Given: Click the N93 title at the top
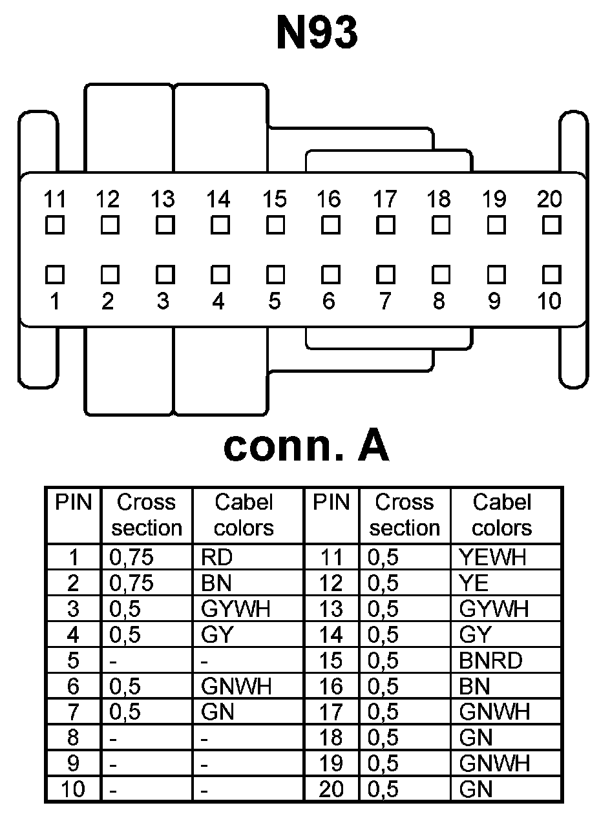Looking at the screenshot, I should [317, 34].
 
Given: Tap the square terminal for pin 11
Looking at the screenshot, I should [56, 225].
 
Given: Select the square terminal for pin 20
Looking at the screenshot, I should [551, 225].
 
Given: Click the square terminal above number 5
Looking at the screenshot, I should [276, 275].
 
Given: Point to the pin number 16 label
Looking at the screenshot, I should [328, 200].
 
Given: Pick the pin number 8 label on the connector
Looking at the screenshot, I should [439, 302].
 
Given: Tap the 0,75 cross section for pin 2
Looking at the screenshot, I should [132, 583].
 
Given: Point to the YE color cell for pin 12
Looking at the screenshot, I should [474, 583].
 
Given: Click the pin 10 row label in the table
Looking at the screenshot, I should [73, 789].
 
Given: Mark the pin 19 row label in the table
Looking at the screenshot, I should [331, 764].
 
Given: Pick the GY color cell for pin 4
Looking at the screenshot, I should [217, 635].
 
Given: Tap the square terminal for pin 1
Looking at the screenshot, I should [56, 275].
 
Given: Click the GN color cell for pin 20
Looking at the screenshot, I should [476, 789].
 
